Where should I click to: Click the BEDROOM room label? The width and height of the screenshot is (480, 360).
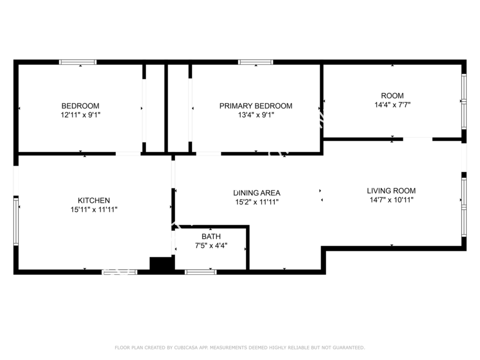click(x=80, y=106)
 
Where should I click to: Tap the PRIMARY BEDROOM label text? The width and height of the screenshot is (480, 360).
click(x=256, y=106)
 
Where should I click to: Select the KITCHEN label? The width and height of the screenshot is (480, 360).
click(x=94, y=201)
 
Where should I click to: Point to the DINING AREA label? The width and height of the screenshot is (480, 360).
click(x=257, y=193)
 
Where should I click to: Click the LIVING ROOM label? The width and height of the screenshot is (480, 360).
click(x=391, y=191)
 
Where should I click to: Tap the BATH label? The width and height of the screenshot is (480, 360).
click(x=211, y=236)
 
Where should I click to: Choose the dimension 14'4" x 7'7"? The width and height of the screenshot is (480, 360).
click(x=393, y=105)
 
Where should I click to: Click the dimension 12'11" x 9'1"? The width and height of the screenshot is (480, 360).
click(x=81, y=115)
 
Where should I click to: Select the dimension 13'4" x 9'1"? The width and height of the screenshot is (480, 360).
click(x=256, y=115)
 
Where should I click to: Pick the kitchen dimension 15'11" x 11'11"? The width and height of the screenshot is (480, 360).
click(x=94, y=210)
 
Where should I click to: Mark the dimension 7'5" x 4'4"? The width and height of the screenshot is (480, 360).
click(x=211, y=245)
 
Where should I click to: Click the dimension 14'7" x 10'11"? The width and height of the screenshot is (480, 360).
click(x=391, y=200)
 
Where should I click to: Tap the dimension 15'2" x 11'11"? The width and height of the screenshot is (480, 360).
click(x=257, y=202)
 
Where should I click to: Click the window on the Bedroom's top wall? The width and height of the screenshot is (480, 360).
click(x=78, y=62)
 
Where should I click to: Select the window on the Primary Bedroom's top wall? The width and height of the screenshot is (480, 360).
click(x=255, y=62)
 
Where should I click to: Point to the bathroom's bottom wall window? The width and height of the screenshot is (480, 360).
click(x=201, y=272)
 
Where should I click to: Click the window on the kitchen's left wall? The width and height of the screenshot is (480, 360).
click(x=16, y=221)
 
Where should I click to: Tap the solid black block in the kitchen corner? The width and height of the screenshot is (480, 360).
click(x=162, y=263)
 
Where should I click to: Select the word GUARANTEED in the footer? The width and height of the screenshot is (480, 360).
click(x=349, y=347)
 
